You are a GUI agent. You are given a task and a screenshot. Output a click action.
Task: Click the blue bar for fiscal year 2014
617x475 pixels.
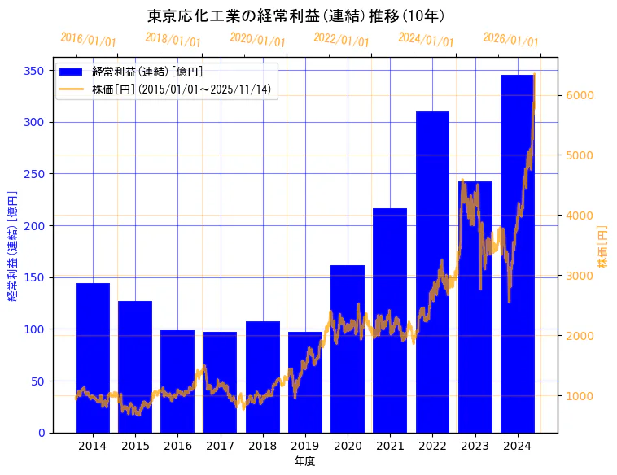[x=93, y=358]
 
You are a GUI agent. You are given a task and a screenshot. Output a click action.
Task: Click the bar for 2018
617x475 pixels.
[x=262, y=377]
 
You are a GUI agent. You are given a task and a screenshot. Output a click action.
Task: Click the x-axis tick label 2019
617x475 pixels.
[x=304, y=446]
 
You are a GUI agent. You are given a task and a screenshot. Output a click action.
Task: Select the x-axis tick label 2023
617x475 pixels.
[x=475, y=446]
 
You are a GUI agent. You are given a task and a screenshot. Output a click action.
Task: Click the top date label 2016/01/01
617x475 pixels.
[x=89, y=40]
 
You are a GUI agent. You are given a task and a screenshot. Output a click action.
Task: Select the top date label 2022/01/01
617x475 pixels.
[x=342, y=40]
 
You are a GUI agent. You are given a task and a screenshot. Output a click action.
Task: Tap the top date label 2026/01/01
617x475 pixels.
[x=510, y=40]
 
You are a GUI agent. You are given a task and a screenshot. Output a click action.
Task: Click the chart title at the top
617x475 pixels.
[x=296, y=15]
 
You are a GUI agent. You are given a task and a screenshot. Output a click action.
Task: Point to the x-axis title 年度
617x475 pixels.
[x=304, y=461]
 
